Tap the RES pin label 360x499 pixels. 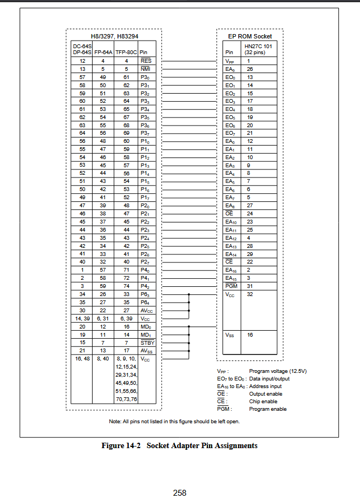point(146,61)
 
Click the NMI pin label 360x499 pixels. point(146,69)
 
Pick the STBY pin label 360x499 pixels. point(147,343)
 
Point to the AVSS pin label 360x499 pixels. point(147,351)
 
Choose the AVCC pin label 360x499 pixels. point(147,311)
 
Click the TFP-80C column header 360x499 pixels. point(126,53)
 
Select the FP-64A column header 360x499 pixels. point(103,53)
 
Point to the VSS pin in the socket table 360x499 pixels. point(230,335)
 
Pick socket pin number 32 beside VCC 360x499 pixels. point(250,294)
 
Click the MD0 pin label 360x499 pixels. point(146,327)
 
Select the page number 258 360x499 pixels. point(180,493)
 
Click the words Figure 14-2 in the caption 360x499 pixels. point(121,445)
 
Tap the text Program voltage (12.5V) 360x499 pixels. point(278,371)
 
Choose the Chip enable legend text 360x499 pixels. point(263,402)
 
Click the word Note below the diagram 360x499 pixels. point(114,421)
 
